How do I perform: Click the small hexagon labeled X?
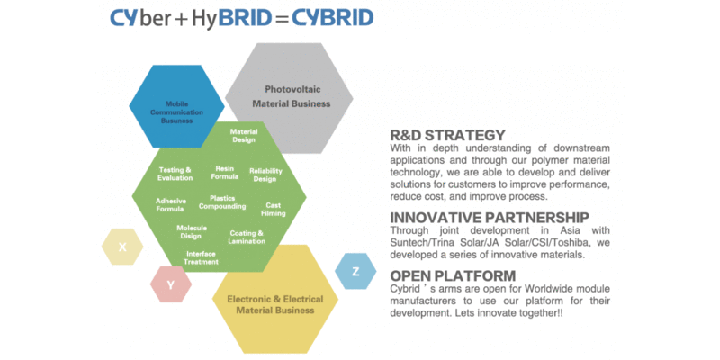point(122,247)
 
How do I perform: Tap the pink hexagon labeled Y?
point(171,284)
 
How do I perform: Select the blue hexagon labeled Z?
point(355,271)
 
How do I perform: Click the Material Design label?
point(244,136)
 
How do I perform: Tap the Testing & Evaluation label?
point(175,174)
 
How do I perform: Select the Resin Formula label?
point(225,172)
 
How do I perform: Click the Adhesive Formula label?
point(170,204)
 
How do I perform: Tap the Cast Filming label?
point(274,209)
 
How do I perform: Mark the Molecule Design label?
point(191,232)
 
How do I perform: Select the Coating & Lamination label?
point(247,237)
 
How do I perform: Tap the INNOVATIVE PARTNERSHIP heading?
point(490,217)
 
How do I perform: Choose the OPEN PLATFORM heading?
point(453,274)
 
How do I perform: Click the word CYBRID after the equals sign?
point(332,17)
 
